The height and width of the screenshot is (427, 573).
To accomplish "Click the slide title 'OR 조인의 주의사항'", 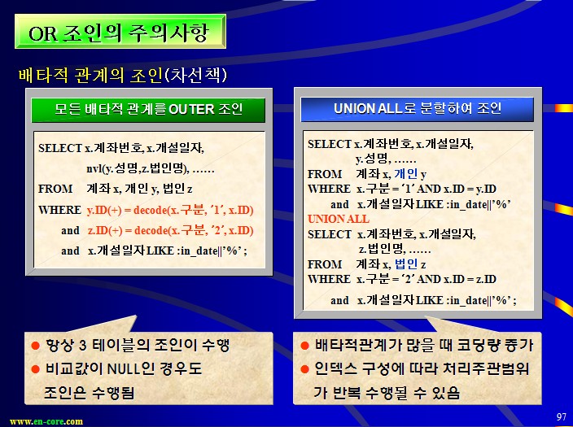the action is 118,33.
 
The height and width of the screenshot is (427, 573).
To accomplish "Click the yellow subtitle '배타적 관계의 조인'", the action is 90,76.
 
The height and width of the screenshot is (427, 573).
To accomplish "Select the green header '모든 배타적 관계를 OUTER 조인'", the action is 148,109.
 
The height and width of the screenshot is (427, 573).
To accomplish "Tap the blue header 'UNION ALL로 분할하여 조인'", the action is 418,108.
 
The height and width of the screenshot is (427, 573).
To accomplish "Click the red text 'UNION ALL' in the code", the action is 339,219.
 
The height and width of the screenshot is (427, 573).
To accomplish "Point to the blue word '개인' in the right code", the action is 406,173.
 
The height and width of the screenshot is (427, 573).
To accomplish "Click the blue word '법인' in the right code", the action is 406,264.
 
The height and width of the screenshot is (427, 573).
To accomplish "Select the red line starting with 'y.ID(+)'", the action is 170,210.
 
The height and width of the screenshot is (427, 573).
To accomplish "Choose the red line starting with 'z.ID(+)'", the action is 171,230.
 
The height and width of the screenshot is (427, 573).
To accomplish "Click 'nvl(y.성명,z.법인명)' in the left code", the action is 138,168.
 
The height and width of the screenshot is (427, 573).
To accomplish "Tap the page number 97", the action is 562,416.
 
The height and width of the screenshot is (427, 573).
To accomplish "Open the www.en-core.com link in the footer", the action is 46,421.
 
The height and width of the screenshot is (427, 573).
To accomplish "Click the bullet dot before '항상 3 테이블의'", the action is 36,345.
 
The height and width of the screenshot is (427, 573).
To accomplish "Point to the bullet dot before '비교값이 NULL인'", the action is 36,369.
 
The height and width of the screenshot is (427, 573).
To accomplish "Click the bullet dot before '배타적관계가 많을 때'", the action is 304,345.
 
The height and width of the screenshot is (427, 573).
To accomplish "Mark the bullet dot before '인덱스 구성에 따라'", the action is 304,369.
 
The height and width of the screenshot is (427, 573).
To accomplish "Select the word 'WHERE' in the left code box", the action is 59,210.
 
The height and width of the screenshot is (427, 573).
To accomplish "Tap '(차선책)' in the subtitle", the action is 196,76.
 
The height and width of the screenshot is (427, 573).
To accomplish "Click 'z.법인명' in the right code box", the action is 382,249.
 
